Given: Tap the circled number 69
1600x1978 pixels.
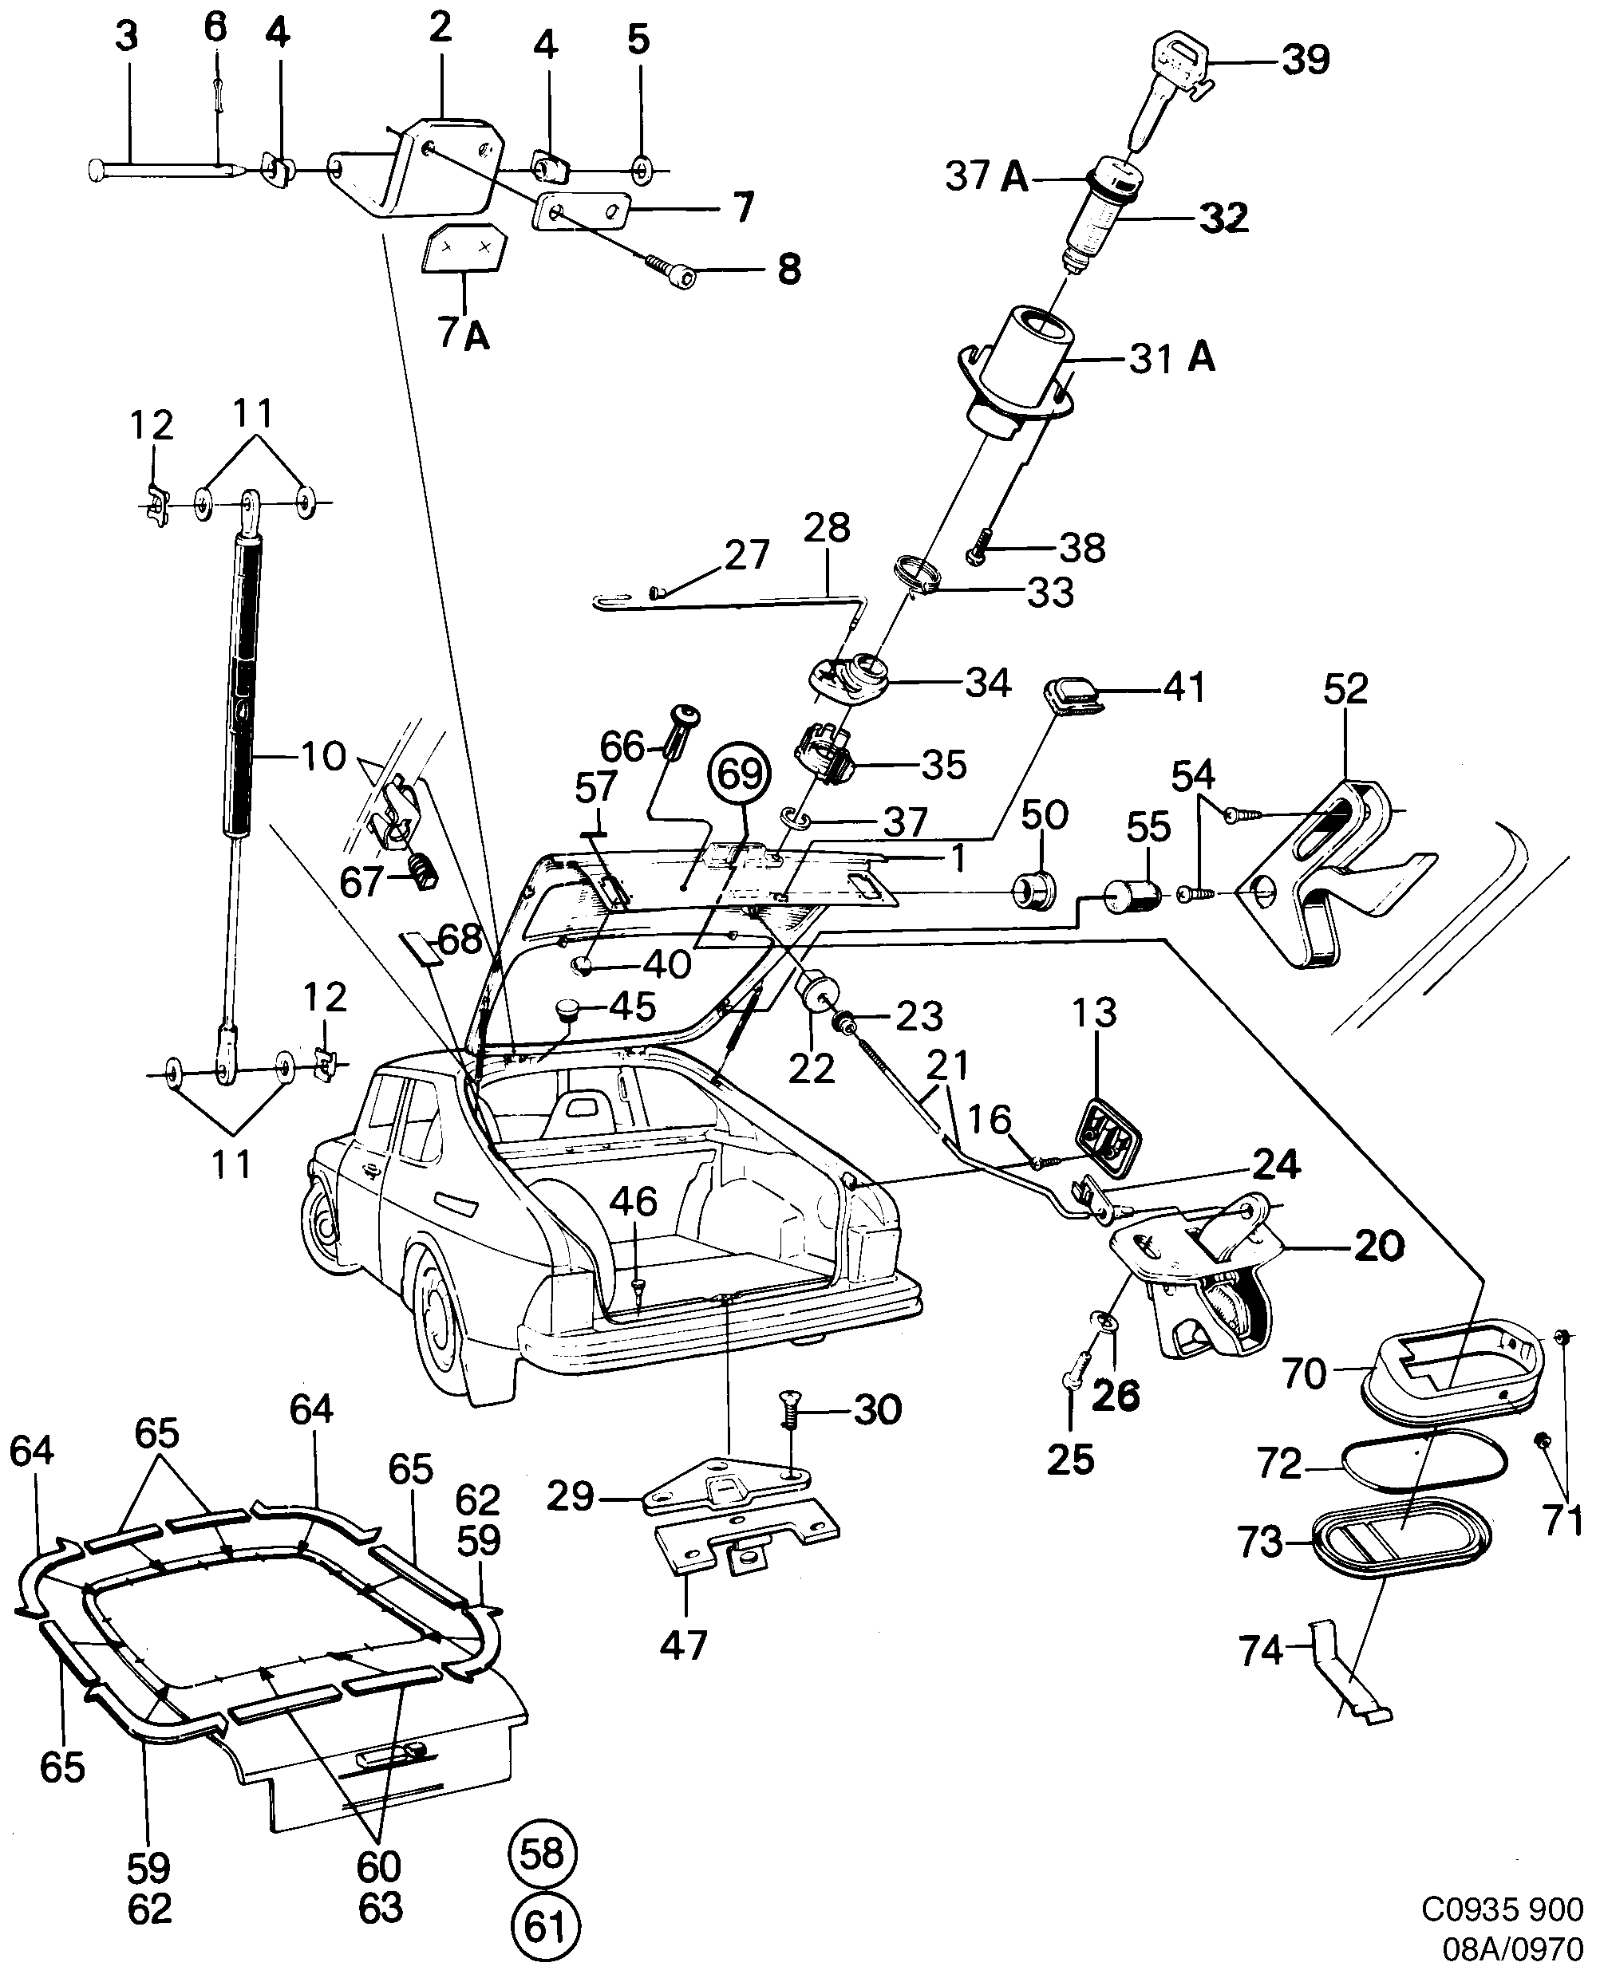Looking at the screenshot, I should tap(740, 774).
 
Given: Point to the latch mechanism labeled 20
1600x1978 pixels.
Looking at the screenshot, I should tap(1207, 1290).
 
